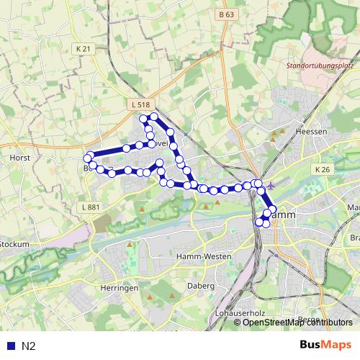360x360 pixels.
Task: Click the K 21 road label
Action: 84,48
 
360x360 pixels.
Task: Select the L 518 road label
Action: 140,105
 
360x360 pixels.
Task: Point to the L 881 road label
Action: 90,207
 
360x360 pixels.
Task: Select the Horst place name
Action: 18,157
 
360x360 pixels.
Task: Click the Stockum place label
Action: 14,244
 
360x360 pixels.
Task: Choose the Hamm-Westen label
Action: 203,256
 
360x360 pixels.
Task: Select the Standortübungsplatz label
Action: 320,66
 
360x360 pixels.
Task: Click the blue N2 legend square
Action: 9,346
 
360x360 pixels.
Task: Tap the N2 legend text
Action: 29,346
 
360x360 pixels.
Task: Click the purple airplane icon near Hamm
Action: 270,186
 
